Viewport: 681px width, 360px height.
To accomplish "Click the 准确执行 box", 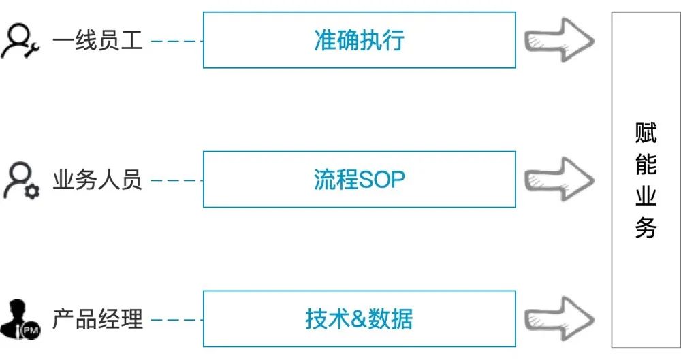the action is coord(359,40).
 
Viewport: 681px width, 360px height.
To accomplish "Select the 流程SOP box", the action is coord(359,180).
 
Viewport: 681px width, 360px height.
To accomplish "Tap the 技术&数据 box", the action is coord(359,318).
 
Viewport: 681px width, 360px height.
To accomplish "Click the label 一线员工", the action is coord(97,40).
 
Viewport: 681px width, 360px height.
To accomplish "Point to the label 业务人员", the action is coord(97,180).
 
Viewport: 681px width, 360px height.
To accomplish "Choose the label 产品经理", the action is coord(97,319).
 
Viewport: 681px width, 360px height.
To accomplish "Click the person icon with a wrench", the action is coord(20,42).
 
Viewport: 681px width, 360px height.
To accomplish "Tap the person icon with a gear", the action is coord(21,180).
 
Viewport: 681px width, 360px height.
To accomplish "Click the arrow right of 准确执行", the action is coord(559,40).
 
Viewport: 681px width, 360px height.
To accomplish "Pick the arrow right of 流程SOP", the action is coord(559,180).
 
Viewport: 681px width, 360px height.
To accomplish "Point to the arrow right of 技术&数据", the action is coord(559,318).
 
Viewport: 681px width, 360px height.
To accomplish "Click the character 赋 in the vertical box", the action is coord(646,133).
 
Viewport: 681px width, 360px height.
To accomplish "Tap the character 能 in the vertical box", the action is coord(646,165).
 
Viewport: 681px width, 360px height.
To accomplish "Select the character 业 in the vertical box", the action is coord(646,196).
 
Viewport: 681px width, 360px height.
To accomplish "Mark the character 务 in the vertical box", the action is coord(646,228).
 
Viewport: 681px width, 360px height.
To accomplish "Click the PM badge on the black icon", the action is coord(31,331).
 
